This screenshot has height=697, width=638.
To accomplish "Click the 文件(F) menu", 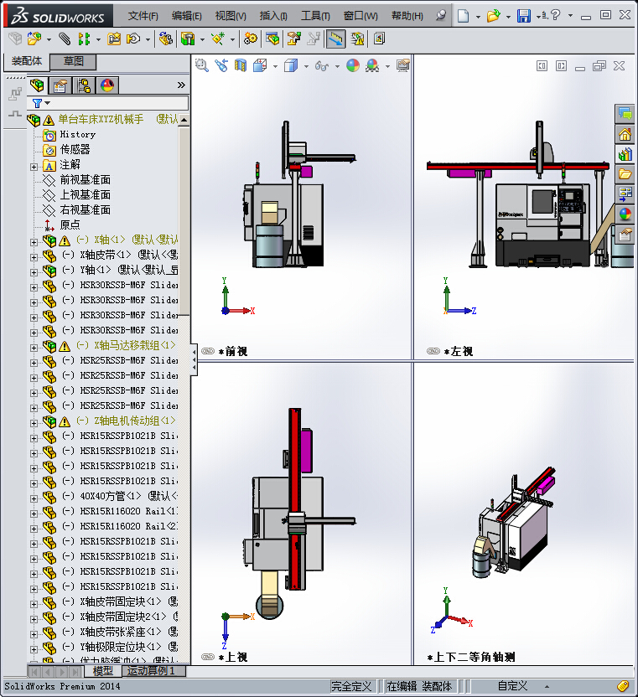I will point(143,16).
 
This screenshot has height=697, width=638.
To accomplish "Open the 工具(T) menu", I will point(315,16).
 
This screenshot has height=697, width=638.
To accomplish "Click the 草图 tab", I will point(74,61).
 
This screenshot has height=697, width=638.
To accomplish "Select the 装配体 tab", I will point(27,61).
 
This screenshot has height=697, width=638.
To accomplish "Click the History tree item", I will point(77,134).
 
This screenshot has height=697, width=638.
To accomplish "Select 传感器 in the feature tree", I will point(75,149).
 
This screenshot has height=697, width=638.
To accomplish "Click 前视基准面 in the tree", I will point(85,179).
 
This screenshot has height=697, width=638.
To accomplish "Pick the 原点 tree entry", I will point(70,225).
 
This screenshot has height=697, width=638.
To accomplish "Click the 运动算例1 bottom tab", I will point(152,671).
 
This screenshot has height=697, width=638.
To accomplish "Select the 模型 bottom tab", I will point(103,671).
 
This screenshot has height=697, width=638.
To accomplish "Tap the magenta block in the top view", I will point(306,453).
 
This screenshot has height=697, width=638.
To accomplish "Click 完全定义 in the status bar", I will point(351,686).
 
